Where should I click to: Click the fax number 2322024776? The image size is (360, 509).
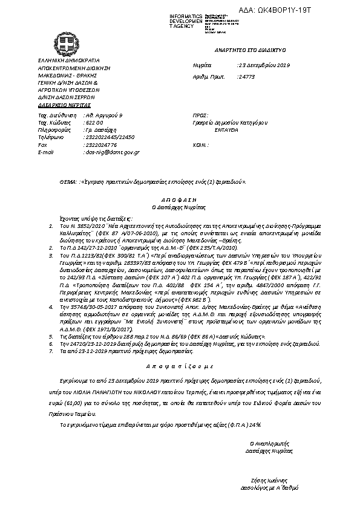click(100, 145)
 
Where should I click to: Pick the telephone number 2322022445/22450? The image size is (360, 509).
click(109, 137)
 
